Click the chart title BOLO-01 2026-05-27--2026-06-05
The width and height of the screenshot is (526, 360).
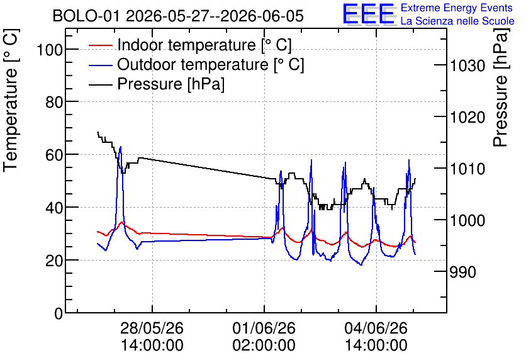178,16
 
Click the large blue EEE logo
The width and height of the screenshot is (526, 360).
369,14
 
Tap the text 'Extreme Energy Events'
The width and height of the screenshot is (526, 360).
457,8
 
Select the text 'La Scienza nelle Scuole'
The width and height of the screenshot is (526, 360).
457,21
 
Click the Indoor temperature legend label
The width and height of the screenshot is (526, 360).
204,45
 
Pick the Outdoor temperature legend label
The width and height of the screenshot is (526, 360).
211,64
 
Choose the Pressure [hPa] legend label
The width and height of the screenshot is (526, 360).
171,84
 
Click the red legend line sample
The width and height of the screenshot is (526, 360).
100,45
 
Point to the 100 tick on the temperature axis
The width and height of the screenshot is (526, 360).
50,50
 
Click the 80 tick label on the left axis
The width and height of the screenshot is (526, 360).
54,102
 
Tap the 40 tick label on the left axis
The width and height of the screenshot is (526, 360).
54,208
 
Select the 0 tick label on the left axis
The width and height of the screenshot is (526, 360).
59,313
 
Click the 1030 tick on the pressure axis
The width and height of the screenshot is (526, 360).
467,65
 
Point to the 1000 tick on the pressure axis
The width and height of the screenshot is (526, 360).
467,220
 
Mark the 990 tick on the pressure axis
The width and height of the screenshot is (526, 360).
462,272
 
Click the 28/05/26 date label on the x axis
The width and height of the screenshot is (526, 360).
152,328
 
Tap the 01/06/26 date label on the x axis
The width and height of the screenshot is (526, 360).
264,328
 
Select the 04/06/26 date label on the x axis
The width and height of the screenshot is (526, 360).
376,328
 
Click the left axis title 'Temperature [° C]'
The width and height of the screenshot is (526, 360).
11,101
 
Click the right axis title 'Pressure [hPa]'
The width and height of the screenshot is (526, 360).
501,87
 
